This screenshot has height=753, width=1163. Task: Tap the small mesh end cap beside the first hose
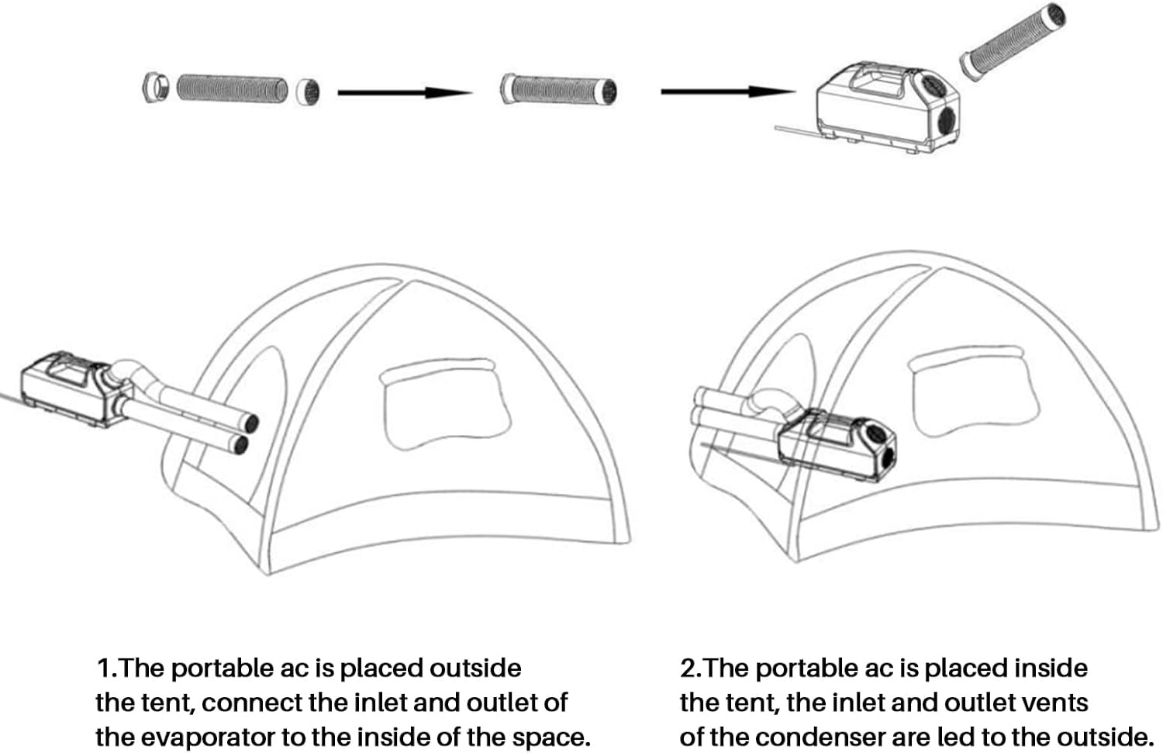pos(308,92)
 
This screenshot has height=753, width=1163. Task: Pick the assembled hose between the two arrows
pos(558,89)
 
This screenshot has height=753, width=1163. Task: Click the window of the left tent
pos(447,403)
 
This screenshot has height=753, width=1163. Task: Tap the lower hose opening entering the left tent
pos(241,444)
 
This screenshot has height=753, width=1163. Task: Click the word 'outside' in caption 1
pos(475,668)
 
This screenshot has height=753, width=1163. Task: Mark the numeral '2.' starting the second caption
pos(689,668)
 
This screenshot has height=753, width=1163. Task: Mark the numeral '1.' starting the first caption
pos(105,668)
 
